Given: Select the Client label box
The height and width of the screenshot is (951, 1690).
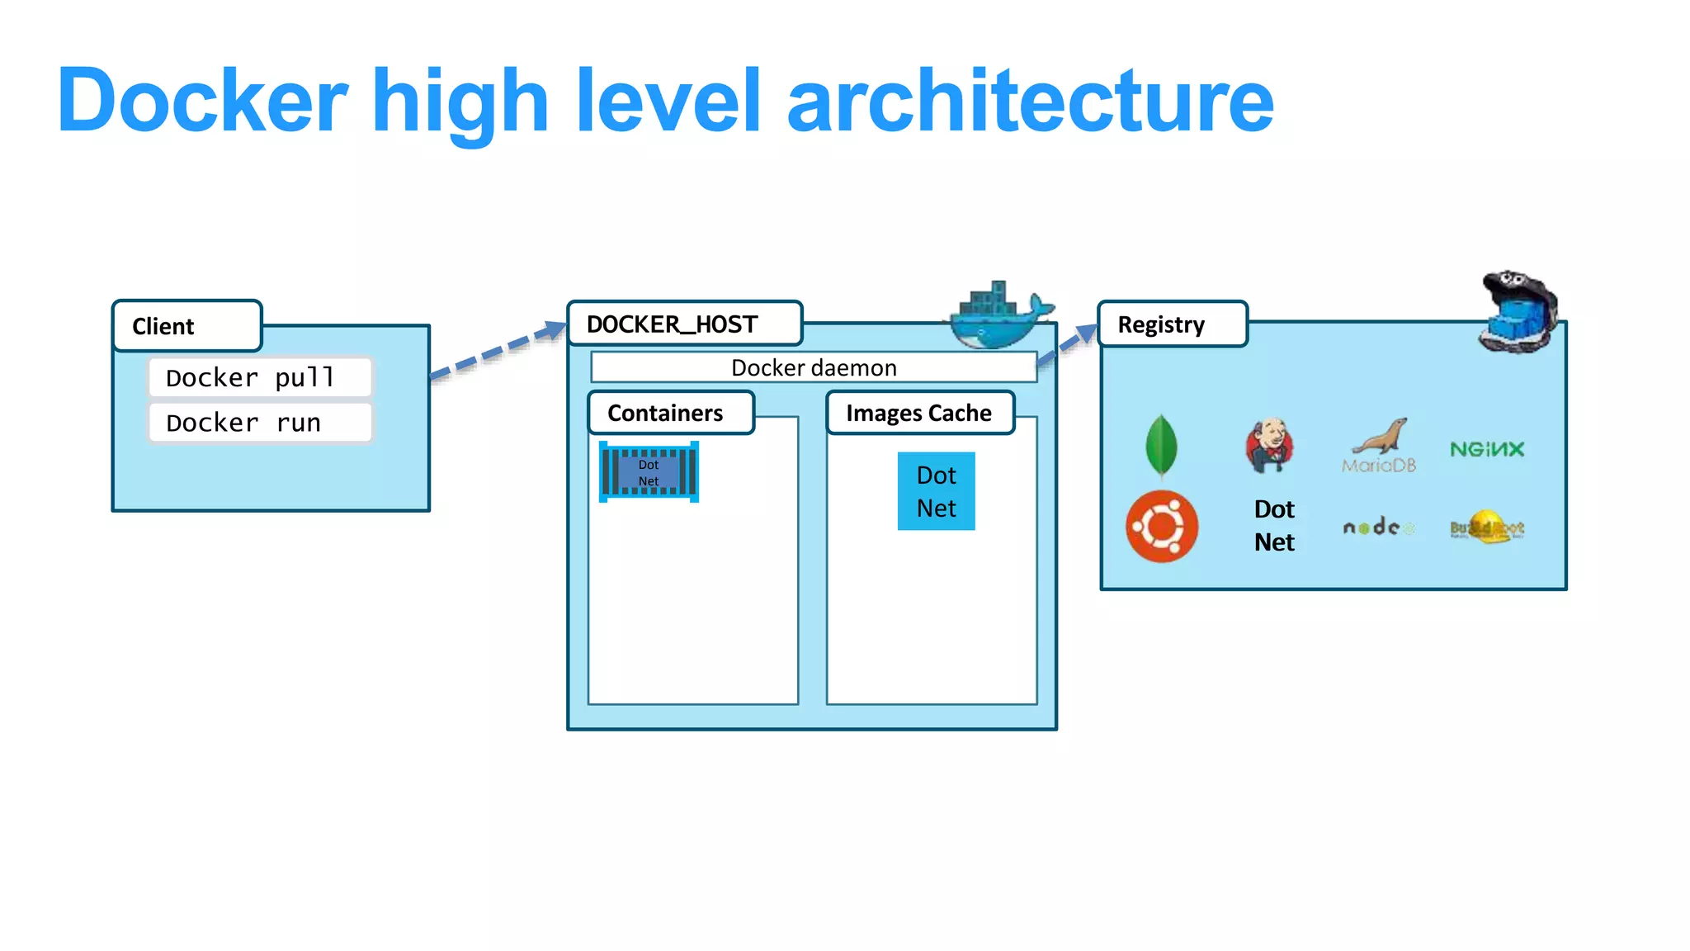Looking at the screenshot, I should coord(187,326).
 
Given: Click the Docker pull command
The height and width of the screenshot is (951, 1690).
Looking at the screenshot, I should coord(260,377).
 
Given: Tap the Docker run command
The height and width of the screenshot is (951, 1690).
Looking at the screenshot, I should coord(260,423).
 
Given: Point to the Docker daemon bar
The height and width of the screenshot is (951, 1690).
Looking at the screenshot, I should coord(814,367).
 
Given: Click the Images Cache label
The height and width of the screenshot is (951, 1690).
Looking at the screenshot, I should coord(919,413).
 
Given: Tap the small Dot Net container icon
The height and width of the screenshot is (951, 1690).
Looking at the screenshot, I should coord(649,472).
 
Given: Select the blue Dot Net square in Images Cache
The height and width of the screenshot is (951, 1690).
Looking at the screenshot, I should coord(936,491).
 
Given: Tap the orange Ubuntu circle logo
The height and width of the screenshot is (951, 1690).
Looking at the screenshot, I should coord(1162,527).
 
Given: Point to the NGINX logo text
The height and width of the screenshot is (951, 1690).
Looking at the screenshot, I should coord(1487,449).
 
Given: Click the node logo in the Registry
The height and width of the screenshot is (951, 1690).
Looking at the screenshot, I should coord(1376,527).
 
